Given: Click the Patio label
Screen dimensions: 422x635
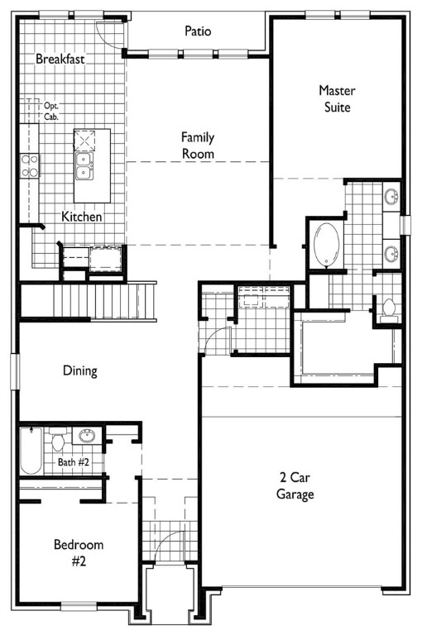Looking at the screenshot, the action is (198, 31).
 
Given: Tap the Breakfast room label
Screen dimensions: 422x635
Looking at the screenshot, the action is (60, 59).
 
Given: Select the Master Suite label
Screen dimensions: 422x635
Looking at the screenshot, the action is (337, 98).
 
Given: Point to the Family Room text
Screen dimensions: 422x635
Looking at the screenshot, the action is (198, 146).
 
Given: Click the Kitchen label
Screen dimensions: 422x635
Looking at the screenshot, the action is (81, 217).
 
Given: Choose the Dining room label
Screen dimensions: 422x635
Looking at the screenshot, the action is (80, 370).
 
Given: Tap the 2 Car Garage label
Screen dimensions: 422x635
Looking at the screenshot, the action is (295, 485).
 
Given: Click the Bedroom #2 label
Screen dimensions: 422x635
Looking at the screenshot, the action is (79, 552).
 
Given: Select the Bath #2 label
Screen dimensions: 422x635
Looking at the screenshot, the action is (73, 461).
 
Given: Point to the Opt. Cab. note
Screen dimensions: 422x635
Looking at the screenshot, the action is (51, 112).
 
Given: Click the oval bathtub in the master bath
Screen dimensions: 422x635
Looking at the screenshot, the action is (326, 245).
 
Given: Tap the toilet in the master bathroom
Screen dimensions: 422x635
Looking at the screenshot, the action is (389, 312).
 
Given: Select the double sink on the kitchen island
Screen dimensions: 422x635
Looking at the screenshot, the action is (84, 166).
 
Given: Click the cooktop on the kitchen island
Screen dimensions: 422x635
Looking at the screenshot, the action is (84, 141).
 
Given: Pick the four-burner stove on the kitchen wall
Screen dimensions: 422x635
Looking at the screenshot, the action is (30, 165).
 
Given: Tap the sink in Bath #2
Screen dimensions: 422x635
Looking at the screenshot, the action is (87, 436).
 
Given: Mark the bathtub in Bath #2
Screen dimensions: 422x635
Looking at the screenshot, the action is (31, 451).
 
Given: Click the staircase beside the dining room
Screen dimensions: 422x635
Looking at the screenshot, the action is (88, 301).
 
